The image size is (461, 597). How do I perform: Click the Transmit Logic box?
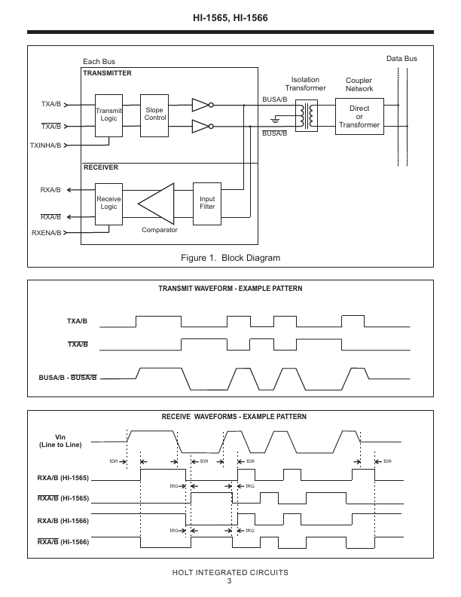click(x=108, y=116)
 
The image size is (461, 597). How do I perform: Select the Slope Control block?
click(x=154, y=116)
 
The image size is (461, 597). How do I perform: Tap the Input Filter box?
click(x=207, y=204)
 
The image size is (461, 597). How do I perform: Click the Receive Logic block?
click(x=108, y=204)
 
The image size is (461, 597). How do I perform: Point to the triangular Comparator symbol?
click(x=156, y=204)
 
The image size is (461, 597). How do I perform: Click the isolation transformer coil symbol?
click(x=307, y=116)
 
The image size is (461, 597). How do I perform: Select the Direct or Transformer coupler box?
click(x=359, y=116)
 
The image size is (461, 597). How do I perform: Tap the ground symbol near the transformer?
click(x=275, y=120)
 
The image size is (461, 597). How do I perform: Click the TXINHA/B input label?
click(x=46, y=145)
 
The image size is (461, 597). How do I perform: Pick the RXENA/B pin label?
click(x=47, y=233)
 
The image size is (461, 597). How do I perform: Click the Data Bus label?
click(x=401, y=59)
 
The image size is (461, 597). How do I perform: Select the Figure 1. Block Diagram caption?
click(x=230, y=258)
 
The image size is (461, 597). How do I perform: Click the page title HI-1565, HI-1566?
click(x=230, y=18)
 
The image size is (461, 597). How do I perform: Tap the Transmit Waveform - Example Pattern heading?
click(x=230, y=289)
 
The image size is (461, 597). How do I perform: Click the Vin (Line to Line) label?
click(x=60, y=441)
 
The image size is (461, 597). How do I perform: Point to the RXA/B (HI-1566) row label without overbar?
click(x=63, y=521)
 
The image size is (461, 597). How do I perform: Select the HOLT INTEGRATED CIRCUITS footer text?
click(x=230, y=572)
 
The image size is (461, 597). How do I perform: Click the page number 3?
click(x=229, y=581)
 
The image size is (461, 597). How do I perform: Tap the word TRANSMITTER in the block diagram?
click(x=107, y=73)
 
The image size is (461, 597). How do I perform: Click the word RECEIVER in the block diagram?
click(x=101, y=167)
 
